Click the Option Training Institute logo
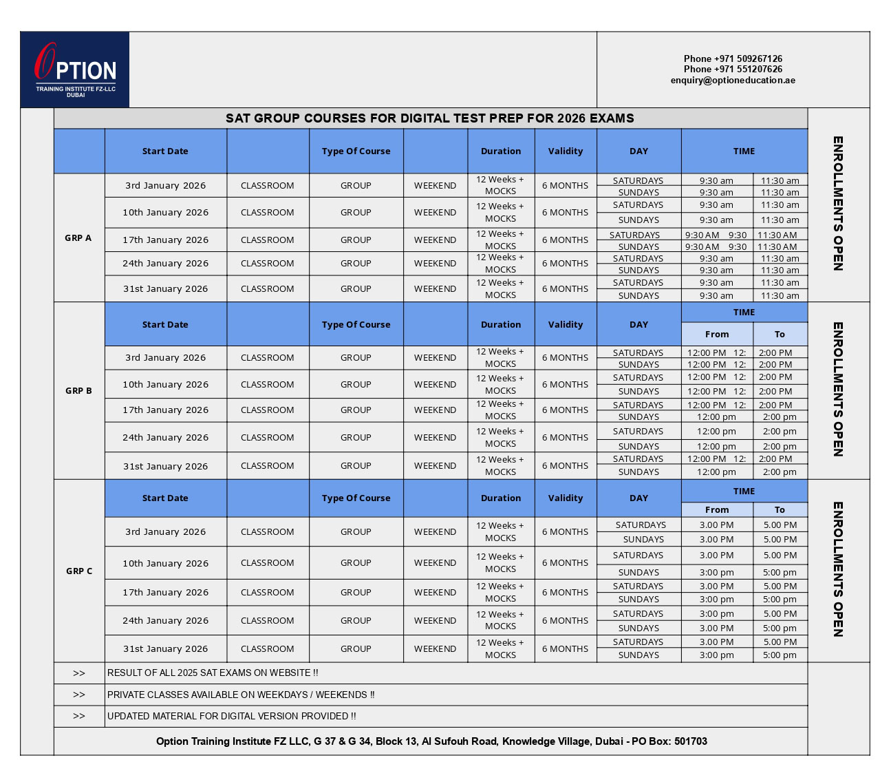tap(75, 70)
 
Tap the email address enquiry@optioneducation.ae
tap(733, 80)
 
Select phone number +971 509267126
tap(733, 59)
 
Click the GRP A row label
tap(78, 237)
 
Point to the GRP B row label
tap(78, 390)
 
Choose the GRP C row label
tap(79, 571)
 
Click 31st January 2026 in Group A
tap(165, 288)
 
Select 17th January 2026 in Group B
tap(165, 410)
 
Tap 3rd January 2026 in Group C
tap(165, 531)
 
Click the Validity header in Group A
tap(566, 151)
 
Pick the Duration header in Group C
tap(501, 498)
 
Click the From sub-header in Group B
tap(717, 334)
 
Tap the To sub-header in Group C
tap(780, 509)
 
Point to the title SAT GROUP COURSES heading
tap(430, 118)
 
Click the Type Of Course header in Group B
tap(356, 324)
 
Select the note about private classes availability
tap(241, 695)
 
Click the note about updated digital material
tap(232, 716)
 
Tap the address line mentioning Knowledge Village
tap(431, 741)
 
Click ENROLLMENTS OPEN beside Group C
tap(838, 569)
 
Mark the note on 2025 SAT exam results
tap(213, 673)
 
